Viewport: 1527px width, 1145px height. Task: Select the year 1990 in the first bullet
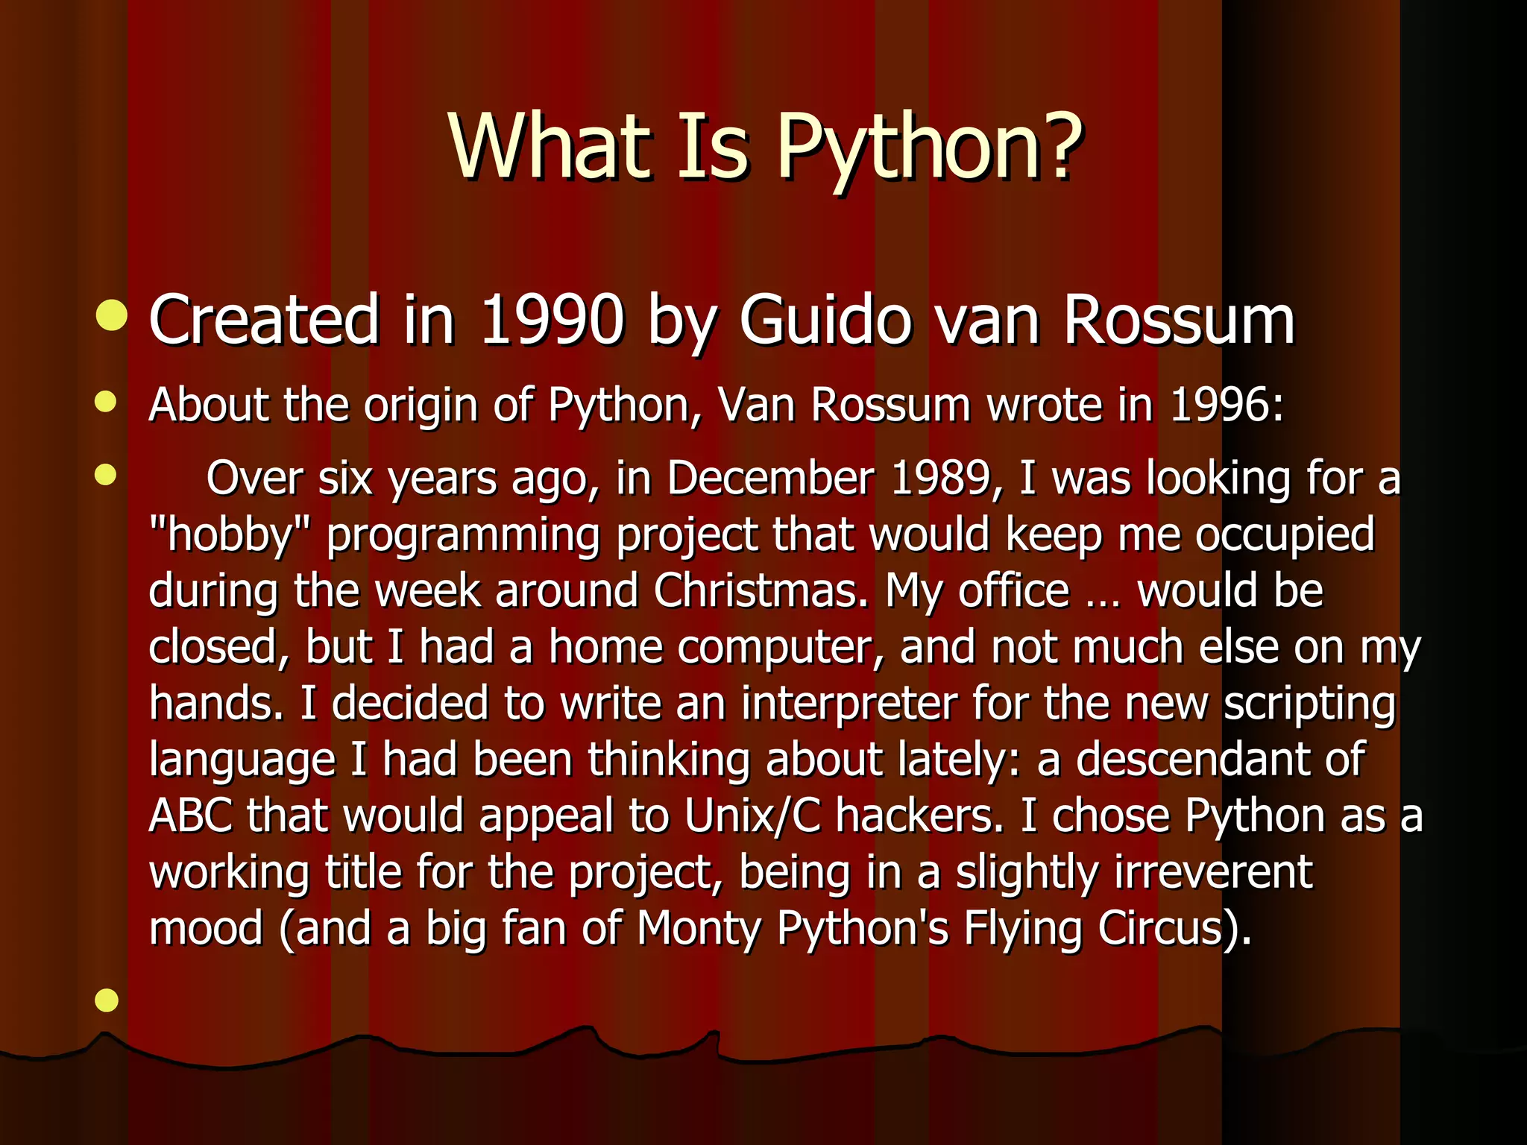pos(552,321)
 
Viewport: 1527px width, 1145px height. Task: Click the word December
pos(770,478)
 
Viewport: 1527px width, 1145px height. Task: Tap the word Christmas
pos(761,590)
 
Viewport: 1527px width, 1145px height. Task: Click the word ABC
pos(190,816)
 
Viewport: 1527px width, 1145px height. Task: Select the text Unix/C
pos(752,816)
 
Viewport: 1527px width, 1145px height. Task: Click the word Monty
pos(698,929)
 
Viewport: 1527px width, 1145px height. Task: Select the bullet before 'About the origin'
pos(107,402)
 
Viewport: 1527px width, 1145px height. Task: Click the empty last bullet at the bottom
pos(107,1000)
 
